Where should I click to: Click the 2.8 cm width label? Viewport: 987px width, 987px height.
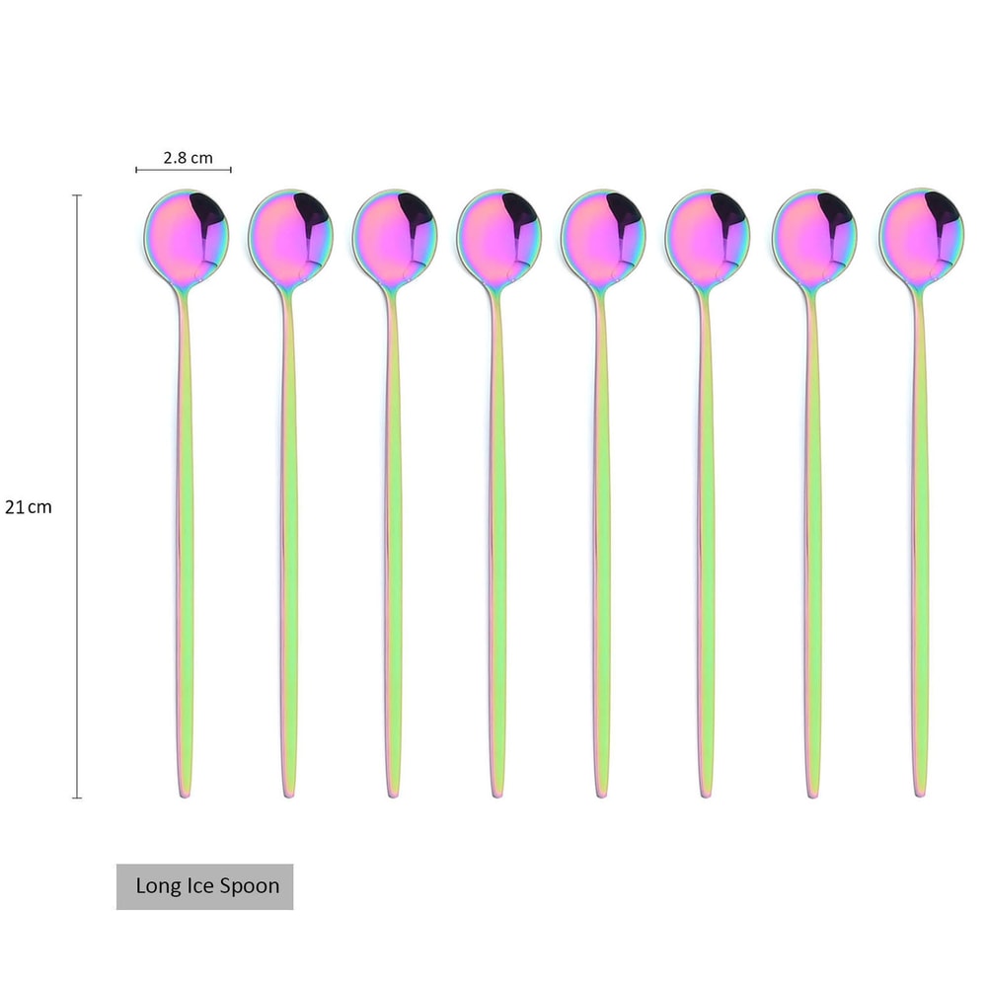[x=189, y=157]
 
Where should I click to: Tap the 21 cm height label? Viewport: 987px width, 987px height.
[x=29, y=507]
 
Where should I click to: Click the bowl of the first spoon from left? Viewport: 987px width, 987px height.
[x=187, y=236]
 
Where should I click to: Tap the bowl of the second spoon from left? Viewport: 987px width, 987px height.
[x=290, y=236]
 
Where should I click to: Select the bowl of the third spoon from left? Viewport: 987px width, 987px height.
[x=395, y=236]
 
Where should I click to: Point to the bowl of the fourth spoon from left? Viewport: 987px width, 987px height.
[x=498, y=236]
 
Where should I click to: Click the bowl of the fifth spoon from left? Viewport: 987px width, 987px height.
[x=603, y=236]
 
